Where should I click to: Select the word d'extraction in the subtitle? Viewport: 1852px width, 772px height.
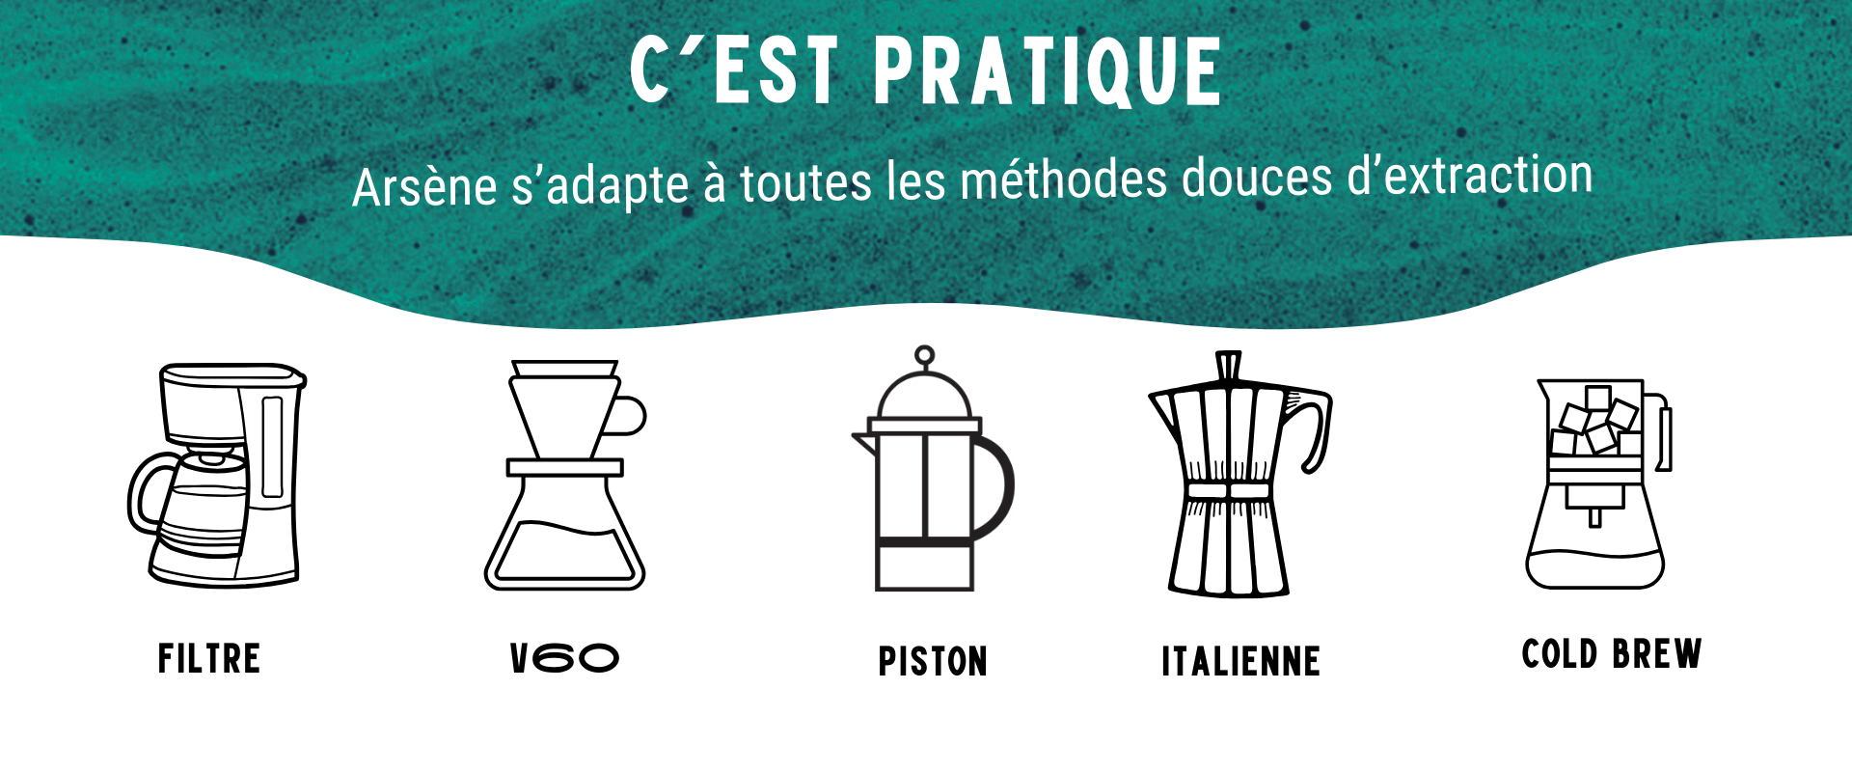pos(1469,176)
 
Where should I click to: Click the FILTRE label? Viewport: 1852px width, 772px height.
pos(209,659)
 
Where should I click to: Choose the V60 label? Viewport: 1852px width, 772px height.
pos(564,658)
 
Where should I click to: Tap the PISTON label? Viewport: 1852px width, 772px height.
pos(933,662)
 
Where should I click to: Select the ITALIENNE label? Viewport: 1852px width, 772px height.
pos(1240,662)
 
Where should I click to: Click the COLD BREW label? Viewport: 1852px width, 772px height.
pos(1612,654)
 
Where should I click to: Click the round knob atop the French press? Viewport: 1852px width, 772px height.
pos(925,356)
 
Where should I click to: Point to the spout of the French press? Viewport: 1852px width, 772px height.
pos(863,442)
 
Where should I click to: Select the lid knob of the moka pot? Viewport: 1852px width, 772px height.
pos(1228,367)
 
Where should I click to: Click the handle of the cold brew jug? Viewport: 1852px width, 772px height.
pos(1665,434)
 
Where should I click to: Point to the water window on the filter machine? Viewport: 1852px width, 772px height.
pos(273,447)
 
